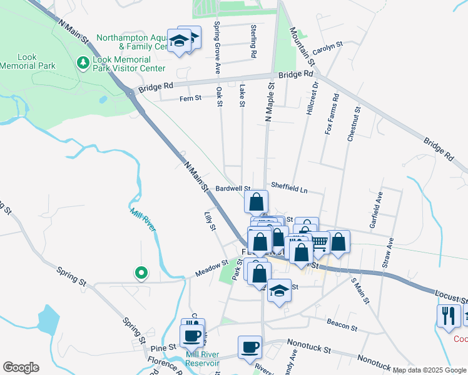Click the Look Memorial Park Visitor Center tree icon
83,62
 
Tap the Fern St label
190,98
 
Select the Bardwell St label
233,188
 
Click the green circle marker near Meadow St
141,272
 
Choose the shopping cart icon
319,241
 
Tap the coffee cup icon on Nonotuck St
250,346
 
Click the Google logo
21,367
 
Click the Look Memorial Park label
28,61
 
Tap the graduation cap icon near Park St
279,290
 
